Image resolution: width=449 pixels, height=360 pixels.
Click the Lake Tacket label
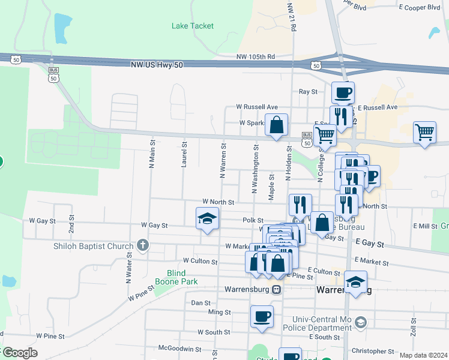[192, 26]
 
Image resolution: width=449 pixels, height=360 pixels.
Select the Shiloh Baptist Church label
[93, 246]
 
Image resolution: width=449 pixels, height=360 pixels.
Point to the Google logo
[19, 353]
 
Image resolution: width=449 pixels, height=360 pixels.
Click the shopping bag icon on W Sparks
[276, 126]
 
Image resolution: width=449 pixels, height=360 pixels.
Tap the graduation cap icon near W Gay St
[207, 218]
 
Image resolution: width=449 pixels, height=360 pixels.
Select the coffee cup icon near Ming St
[262, 316]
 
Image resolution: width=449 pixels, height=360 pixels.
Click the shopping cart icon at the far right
[424, 132]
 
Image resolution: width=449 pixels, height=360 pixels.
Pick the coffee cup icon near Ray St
[343, 93]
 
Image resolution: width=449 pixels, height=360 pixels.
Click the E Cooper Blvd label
[420, 7]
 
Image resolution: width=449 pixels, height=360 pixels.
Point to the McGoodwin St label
[180, 348]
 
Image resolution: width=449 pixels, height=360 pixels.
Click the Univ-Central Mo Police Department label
[322, 323]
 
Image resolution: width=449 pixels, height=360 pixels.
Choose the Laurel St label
[184, 153]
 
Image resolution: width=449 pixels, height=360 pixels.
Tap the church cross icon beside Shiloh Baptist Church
[142, 245]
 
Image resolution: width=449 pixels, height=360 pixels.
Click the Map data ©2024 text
[423, 355]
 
